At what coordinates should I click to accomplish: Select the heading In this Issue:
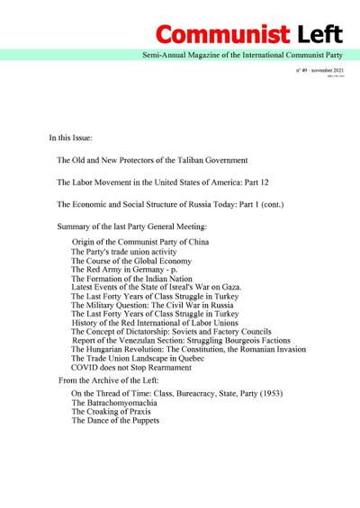click(x=78, y=139)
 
